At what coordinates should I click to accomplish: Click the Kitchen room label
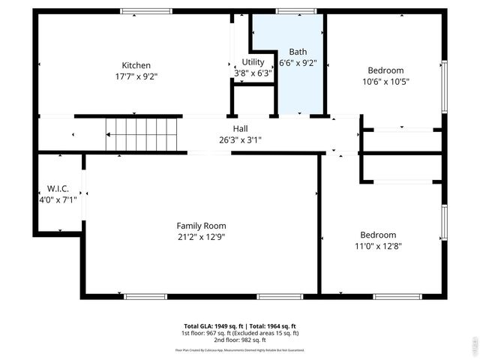pyautogui.click(x=136, y=65)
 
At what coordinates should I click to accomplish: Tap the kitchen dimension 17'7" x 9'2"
pyautogui.click(x=136, y=76)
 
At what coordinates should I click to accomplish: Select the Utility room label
pyautogui.click(x=253, y=62)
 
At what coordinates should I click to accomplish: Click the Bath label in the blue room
pyautogui.click(x=298, y=52)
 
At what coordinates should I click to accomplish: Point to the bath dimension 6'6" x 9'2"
pyautogui.click(x=298, y=64)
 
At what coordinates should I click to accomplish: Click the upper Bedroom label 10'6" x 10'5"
pyautogui.click(x=385, y=70)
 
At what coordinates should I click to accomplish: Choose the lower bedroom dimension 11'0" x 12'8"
pyautogui.click(x=383, y=245)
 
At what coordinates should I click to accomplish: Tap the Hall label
pyautogui.click(x=240, y=129)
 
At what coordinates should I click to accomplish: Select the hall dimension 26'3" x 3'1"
pyautogui.click(x=240, y=139)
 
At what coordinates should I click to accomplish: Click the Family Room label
pyautogui.click(x=201, y=226)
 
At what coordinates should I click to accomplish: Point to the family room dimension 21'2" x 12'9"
pyautogui.click(x=201, y=237)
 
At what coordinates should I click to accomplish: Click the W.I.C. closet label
pyautogui.click(x=58, y=188)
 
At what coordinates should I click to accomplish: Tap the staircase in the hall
pyautogui.click(x=143, y=134)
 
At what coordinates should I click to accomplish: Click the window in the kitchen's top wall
pyautogui.click(x=147, y=11)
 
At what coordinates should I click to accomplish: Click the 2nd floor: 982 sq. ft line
pyautogui.click(x=240, y=340)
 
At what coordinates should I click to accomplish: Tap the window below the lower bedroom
pyautogui.click(x=397, y=296)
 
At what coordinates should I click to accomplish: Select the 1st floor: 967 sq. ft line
pyautogui.click(x=240, y=333)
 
